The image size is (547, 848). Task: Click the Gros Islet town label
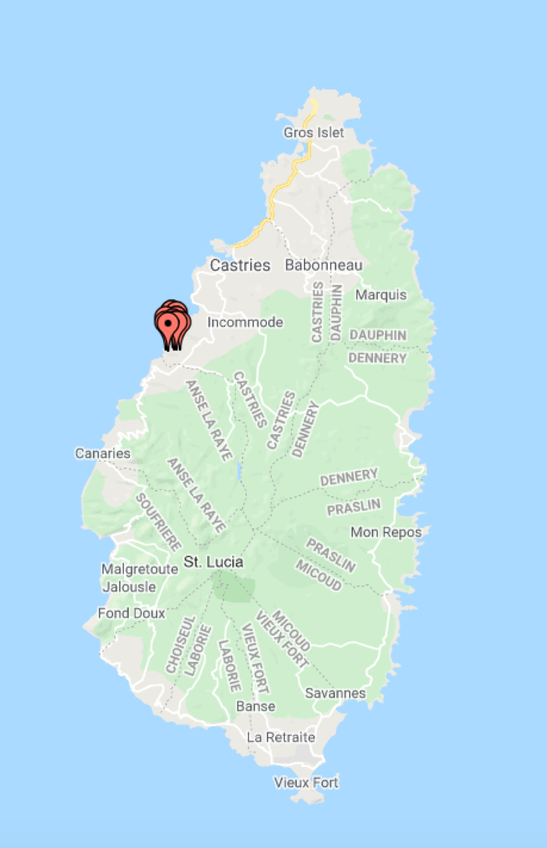click(x=313, y=133)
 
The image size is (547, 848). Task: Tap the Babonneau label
click(x=323, y=265)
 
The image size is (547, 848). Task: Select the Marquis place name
click(x=381, y=295)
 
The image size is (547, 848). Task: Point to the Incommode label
click(x=245, y=323)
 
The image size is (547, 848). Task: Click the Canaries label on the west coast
click(x=102, y=454)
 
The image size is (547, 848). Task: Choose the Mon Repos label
click(x=386, y=533)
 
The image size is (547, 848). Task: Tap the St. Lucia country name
click(x=213, y=562)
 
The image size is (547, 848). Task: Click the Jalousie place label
click(x=129, y=587)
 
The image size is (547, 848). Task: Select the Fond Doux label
click(x=131, y=614)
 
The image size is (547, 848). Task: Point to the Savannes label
click(x=335, y=693)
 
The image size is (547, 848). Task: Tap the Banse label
click(x=256, y=706)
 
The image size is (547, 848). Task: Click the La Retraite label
click(x=281, y=737)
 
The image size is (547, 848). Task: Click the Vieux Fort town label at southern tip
click(x=306, y=783)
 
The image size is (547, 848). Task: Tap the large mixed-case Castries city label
click(x=240, y=265)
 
